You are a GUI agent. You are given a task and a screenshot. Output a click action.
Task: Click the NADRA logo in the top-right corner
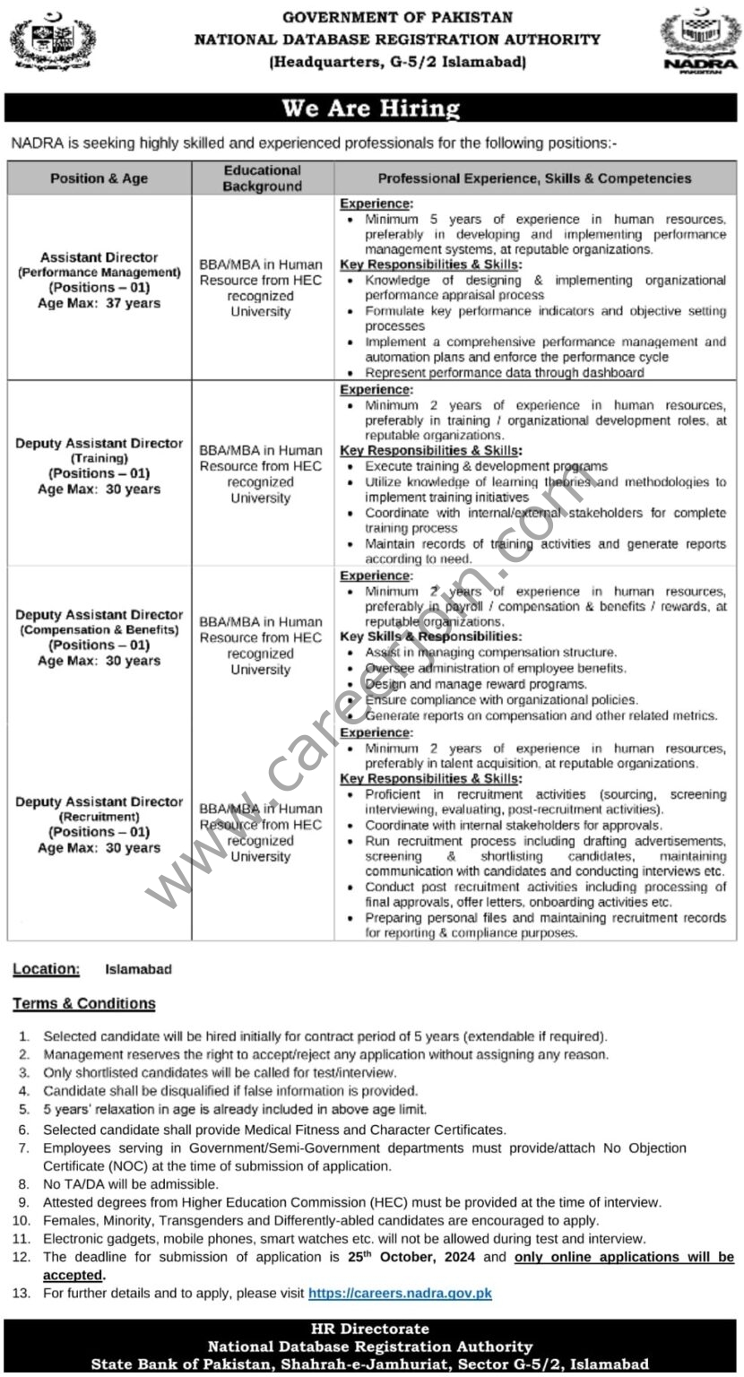700,41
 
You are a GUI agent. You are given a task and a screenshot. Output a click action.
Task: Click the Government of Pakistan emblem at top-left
52,40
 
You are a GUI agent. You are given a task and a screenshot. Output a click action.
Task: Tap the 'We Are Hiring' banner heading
371,108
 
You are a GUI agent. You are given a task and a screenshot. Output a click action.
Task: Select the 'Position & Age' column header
99,178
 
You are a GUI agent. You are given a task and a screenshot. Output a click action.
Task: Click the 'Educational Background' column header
263,178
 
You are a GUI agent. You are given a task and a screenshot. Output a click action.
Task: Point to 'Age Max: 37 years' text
99,303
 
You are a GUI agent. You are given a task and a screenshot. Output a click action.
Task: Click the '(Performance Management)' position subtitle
99,273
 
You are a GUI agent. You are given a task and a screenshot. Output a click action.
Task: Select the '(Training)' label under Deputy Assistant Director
99,458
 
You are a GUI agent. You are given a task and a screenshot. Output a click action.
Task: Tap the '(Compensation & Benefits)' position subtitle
99,630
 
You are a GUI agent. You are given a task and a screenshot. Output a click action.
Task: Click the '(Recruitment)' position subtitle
99,817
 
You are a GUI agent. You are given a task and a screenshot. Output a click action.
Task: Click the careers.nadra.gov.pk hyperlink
400,1293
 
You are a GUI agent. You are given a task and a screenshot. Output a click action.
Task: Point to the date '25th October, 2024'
413,1257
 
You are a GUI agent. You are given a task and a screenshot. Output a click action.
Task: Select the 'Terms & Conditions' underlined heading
84,1003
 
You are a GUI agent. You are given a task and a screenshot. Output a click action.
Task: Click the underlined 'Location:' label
46,969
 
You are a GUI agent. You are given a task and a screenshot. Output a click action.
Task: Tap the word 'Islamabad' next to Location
138,969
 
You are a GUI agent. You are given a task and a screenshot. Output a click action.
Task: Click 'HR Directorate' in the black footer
370,1329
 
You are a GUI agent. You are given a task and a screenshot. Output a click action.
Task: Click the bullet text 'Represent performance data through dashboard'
504,372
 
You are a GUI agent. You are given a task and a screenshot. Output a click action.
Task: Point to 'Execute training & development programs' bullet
486,466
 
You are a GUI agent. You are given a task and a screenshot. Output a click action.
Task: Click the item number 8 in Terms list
24,1184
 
